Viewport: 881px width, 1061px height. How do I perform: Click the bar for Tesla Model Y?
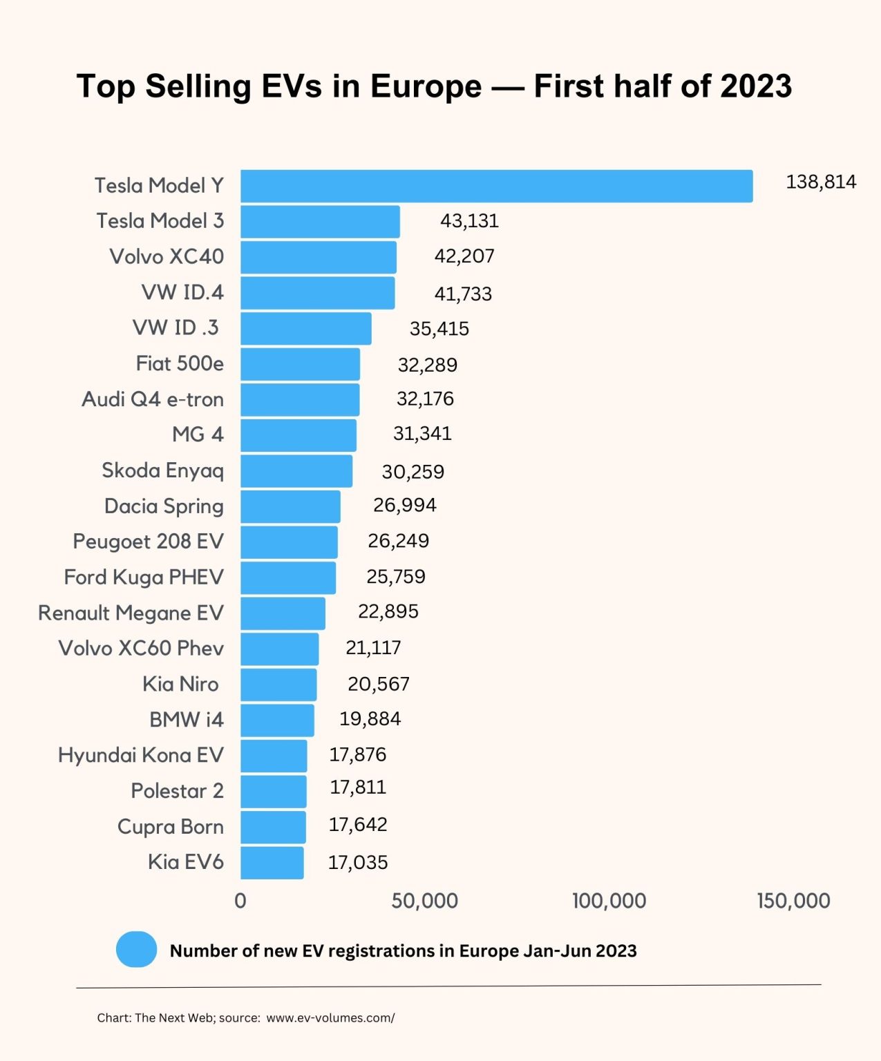tap(496, 186)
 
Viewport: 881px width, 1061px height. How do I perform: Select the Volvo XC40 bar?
tap(319, 257)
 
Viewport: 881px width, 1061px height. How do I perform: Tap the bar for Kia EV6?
tap(272, 863)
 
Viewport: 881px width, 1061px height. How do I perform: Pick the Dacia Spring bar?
tap(290, 506)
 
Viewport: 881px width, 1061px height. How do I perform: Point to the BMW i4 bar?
tap(277, 720)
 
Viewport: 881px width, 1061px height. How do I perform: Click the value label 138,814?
tap(821, 182)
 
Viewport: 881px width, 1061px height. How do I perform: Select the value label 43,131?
tap(469, 221)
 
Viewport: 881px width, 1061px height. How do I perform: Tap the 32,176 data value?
tap(425, 399)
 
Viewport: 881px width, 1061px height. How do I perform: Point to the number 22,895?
tap(388, 611)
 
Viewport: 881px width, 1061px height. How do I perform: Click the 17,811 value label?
tap(358, 787)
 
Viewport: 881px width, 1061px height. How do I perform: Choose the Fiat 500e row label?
tap(180, 363)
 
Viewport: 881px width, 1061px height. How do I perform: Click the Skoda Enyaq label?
tap(163, 470)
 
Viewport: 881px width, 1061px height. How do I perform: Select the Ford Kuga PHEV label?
tap(144, 577)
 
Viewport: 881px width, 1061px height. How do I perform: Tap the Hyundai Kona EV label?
tap(141, 755)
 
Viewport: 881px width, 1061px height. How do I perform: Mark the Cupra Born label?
tap(171, 827)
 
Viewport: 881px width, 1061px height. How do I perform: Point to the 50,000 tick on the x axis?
tap(424, 901)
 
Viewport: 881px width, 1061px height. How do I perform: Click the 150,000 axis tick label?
tap(793, 901)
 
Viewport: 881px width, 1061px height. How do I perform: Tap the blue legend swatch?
tap(136, 949)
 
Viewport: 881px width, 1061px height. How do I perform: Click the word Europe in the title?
tap(426, 86)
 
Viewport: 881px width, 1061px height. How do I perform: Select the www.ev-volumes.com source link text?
tap(330, 1017)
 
